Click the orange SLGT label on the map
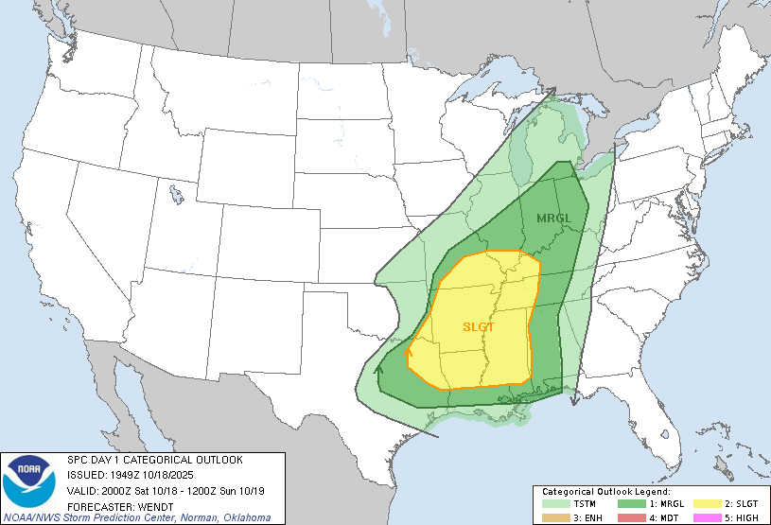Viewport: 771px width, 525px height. [x=479, y=326]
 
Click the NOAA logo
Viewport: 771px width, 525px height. [x=29, y=479]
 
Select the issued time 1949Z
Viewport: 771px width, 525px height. [x=120, y=475]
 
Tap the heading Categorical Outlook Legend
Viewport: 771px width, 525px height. [x=605, y=492]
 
